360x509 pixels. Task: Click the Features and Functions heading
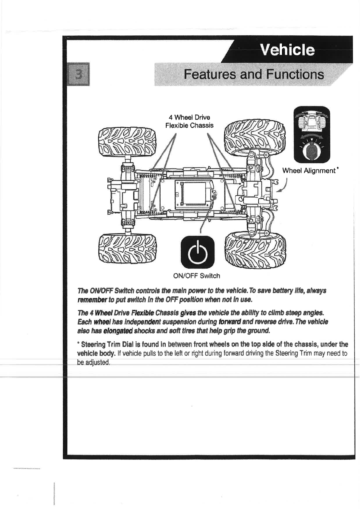tap(254, 74)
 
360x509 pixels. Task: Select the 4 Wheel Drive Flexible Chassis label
tap(189, 121)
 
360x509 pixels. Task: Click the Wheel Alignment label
tap(309, 171)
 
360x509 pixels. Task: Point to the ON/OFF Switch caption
tap(196, 276)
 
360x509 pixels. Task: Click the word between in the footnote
tap(180, 344)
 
